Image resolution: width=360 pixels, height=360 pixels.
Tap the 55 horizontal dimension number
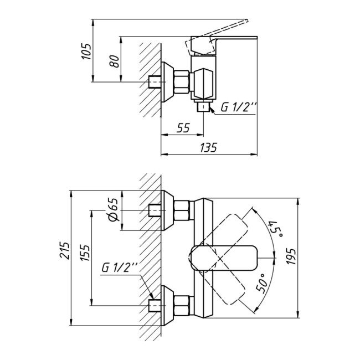point(183,128)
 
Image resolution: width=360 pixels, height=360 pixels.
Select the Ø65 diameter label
point(112,210)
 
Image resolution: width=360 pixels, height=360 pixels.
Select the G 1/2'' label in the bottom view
point(119,268)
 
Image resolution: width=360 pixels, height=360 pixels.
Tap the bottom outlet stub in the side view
point(204,106)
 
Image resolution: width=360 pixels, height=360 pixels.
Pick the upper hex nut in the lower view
point(182,211)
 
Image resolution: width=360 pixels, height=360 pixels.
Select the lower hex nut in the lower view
point(182,305)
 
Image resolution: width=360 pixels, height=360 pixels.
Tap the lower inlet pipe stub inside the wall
point(156,305)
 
